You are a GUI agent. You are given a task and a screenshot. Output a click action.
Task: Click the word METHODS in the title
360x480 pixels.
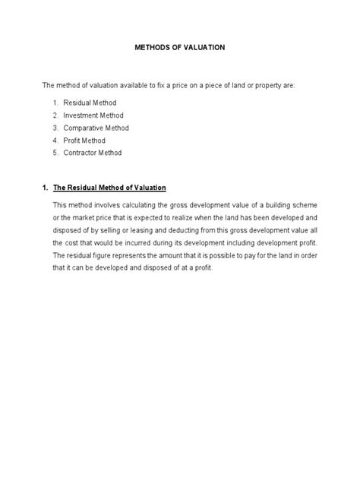(x=152, y=47)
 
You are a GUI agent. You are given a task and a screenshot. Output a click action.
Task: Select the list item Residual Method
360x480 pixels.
(x=90, y=102)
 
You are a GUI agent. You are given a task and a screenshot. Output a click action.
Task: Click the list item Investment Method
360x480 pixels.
(x=93, y=115)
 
